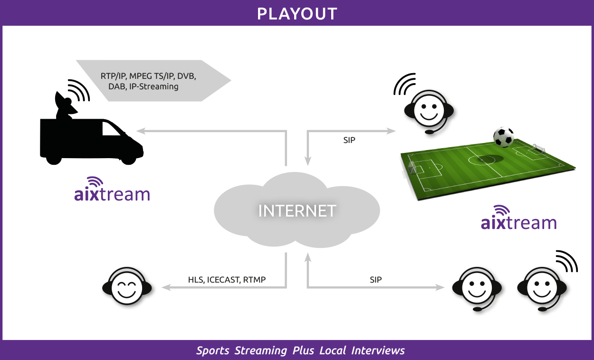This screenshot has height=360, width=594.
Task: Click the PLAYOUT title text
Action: click(297, 14)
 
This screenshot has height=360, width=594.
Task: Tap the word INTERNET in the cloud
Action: click(297, 211)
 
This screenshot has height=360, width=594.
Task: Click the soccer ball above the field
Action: click(504, 137)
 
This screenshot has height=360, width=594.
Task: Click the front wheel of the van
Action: click(129, 159)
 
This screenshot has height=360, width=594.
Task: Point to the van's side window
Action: click(111, 129)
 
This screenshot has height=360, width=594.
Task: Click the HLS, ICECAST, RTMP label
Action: click(227, 280)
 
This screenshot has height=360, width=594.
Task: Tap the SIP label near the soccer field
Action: click(349, 140)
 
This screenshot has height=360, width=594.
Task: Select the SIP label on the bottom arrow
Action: click(376, 280)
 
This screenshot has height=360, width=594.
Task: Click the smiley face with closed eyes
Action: click(127, 286)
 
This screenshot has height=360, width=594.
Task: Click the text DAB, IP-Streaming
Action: click(143, 87)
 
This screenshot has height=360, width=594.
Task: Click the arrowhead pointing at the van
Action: click(141, 131)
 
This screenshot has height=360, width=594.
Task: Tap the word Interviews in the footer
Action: click(378, 351)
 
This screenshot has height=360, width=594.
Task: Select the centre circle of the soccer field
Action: click(481, 160)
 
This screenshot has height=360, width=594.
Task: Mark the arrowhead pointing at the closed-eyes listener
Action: click(166, 287)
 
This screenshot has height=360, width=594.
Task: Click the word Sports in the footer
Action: click(213, 351)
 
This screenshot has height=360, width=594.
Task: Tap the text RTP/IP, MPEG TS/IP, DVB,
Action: click(148, 76)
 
